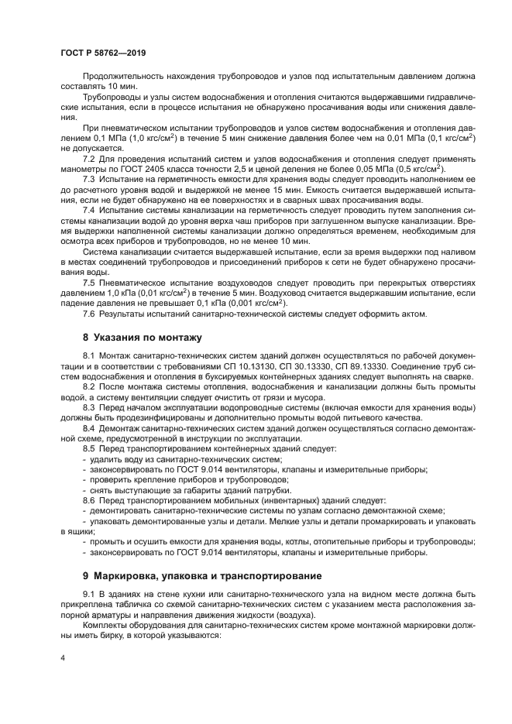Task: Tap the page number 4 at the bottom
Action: pos(62,658)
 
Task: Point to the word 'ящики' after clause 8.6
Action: pos(73,532)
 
